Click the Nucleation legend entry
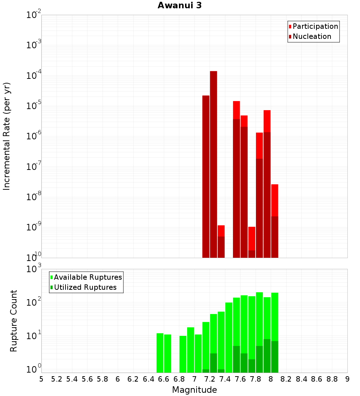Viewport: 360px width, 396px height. [310, 37]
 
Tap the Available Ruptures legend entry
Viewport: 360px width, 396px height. [86, 278]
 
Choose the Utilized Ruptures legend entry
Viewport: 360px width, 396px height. [83, 288]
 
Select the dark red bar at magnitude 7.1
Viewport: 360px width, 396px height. [206, 176]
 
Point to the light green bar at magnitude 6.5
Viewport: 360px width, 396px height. [160, 353]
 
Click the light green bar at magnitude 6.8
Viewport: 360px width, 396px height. [183, 354]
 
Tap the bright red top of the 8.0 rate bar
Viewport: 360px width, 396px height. [275, 200]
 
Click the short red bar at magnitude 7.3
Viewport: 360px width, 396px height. [221, 231]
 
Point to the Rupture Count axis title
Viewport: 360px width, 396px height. [14, 321]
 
